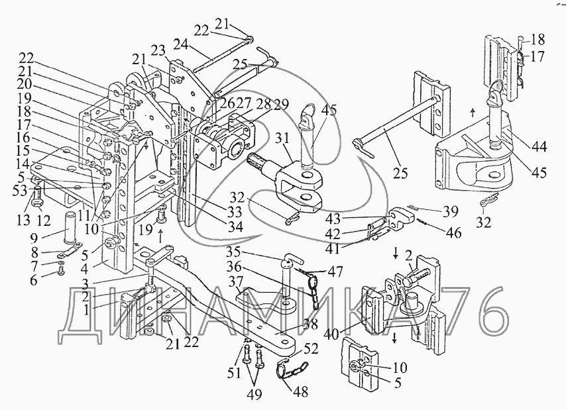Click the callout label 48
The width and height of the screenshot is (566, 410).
click(x=300, y=392)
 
